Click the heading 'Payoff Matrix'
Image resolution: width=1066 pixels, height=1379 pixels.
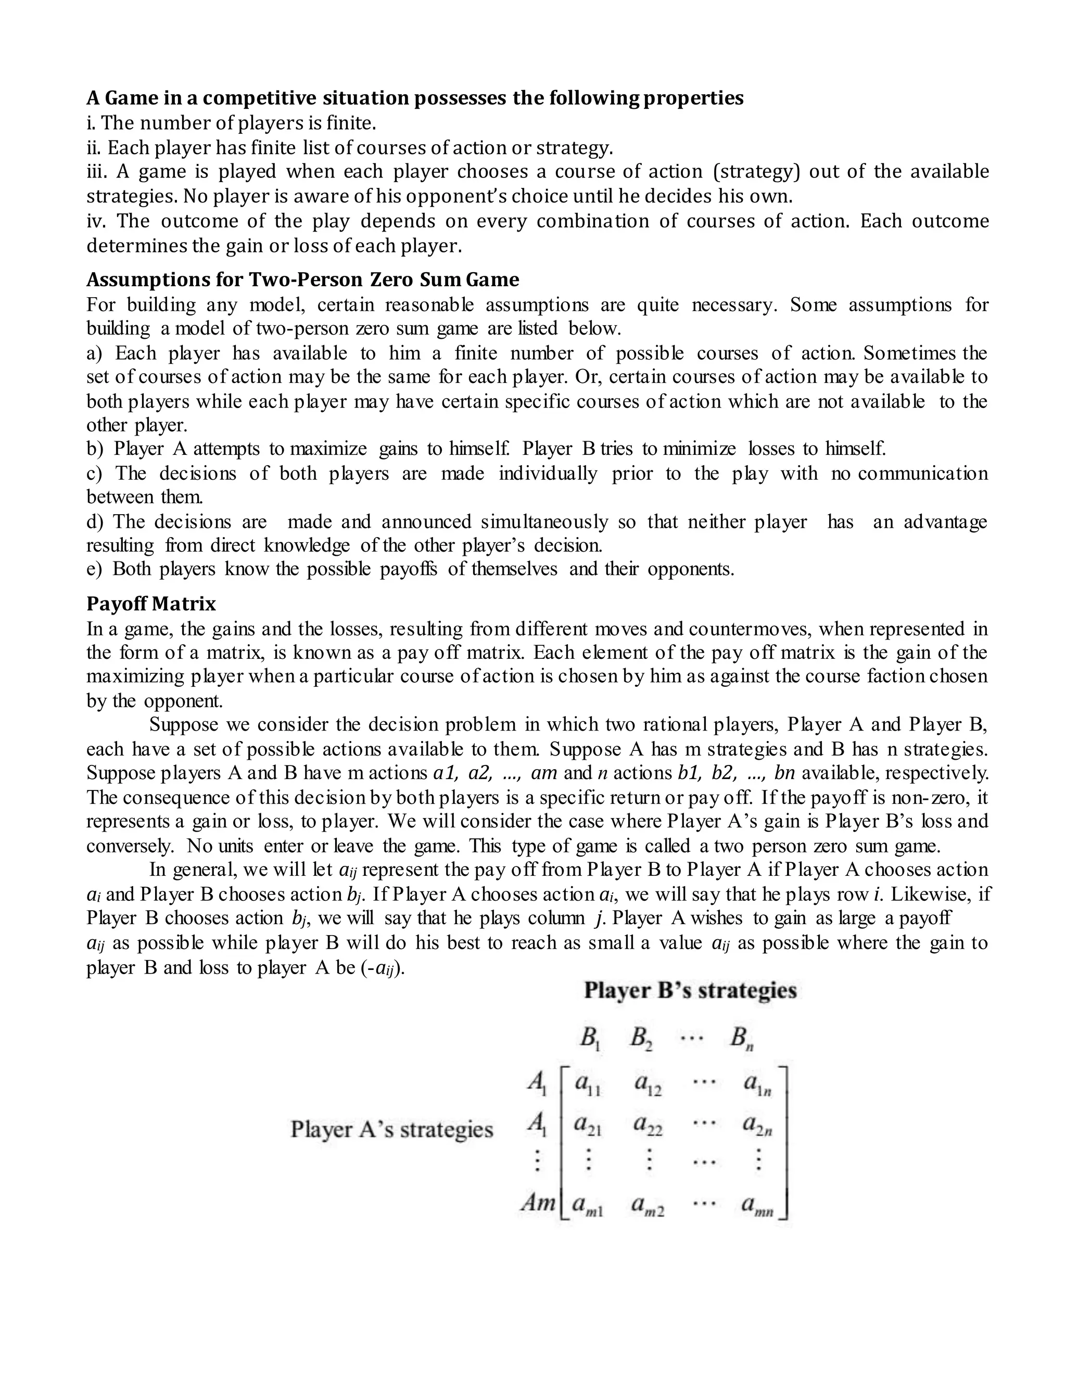[x=151, y=604]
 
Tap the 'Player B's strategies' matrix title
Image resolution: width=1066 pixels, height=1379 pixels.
[x=690, y=990]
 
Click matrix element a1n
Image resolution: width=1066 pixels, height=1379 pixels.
[x=757, y=1084]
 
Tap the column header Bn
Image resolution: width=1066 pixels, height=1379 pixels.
[x=742, y=1038]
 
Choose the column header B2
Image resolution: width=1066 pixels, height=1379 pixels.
[x=641, y=1038]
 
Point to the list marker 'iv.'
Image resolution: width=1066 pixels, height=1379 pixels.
[x=95, y=221]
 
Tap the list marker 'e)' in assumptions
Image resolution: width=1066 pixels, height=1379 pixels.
[x=94, y=569]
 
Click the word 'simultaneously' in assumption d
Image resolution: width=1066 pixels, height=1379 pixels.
[x=544, y=521]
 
